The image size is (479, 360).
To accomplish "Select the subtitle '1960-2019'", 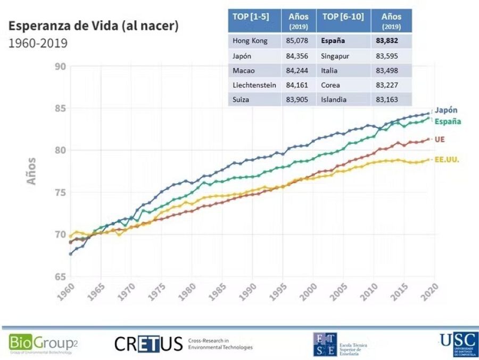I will pos(38,43).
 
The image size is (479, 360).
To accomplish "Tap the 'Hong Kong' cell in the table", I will pos(249,40).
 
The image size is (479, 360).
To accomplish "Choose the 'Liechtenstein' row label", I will pos(254,84).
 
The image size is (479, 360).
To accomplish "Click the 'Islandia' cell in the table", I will pos(334,99).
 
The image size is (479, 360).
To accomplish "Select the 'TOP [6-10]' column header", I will pos(343,17).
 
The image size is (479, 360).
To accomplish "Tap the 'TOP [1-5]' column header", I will pos(251,17).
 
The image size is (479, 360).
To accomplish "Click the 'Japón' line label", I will pos(445,110).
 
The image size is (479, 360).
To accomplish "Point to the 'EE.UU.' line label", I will pos(447,159).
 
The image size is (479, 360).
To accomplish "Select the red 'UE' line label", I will pos(440,140).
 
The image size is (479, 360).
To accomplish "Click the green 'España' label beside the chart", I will pos(448,121).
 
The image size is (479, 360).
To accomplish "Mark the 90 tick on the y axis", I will pos(60,67).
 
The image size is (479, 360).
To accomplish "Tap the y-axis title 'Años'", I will pos(32,171).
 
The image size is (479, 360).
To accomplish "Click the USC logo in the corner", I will pos(458,343).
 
